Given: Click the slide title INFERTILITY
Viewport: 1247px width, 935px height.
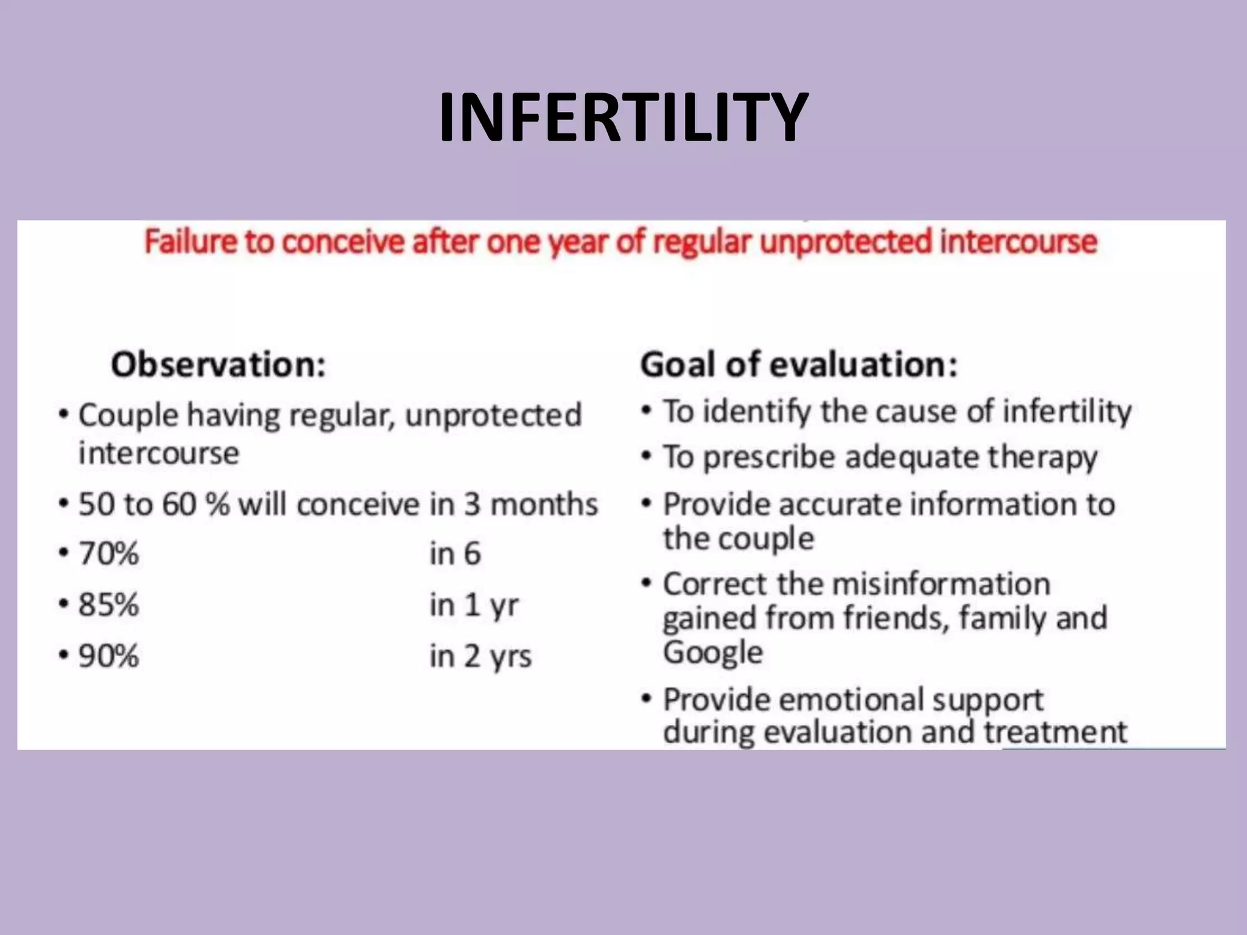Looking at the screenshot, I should pos(623,117).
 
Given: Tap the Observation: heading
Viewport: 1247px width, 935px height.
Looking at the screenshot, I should pos(218,365).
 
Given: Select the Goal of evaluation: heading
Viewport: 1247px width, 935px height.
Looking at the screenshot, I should pos(798,365).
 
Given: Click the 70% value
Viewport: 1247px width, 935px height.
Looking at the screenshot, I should pos(108,554).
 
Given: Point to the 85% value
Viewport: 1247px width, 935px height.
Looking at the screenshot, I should pos(108,605).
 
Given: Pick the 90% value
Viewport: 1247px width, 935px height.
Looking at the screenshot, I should pos(108,656).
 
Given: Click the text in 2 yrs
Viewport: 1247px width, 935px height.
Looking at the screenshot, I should pos(480,657).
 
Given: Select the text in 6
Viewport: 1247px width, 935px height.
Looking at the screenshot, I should pos(455,554).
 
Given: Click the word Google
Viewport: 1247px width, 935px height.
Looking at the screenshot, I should pos(712,653).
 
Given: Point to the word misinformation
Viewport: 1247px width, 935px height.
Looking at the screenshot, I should pos(941,584).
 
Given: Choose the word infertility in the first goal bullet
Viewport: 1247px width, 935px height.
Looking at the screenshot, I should pos(1067,412).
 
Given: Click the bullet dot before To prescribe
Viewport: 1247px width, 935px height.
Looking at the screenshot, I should pos(647,457).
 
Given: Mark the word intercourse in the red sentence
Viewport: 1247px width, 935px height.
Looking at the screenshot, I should pos(1018,242).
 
